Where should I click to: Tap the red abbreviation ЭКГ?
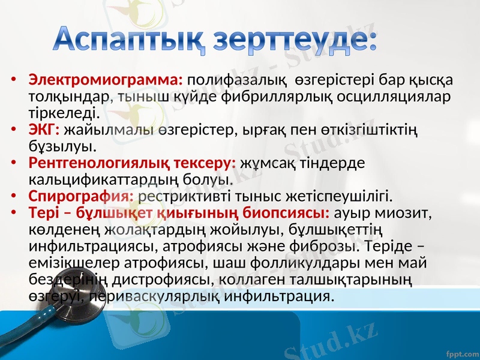click(44, 129)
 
